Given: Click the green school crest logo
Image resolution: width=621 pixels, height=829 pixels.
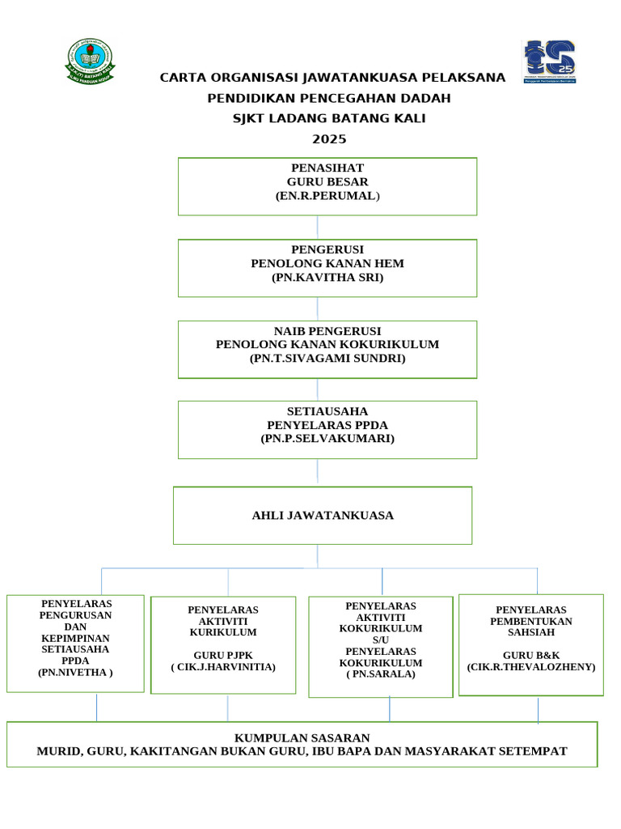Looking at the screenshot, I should pyautogui.click(x=90, y=62).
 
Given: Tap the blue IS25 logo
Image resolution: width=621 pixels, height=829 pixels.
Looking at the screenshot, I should pyautogui.click(x=550, y=62).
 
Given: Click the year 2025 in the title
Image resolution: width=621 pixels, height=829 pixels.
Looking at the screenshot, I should pyautogui.click(x=328, y=139).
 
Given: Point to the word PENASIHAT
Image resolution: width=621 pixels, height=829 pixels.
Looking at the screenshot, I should pyautogui.click(x=327, y=168).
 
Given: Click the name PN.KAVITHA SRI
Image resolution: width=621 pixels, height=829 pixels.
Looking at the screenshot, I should pyautogui.click(x=327, y=278).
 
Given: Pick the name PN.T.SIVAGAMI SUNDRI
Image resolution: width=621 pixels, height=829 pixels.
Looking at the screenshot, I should pyautogui.click(x=327, y=358).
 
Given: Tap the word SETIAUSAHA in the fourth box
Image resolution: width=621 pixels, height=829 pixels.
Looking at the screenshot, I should pyautogui.click(x=327, y=411).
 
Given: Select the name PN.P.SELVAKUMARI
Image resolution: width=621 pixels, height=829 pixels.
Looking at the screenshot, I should pyautogui.click(x=327, y=439).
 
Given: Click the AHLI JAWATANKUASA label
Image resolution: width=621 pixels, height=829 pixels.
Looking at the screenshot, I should pyautogui.click(x=323, y=516).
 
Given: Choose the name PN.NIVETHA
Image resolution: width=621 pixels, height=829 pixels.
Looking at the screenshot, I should pyautogui.click(x=75, y=672).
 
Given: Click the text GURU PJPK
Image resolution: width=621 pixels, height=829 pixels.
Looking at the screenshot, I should pyautogui.click(x=223, y=654).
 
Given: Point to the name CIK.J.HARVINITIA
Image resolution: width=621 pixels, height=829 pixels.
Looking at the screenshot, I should pyautogui.click(x=223, y=667).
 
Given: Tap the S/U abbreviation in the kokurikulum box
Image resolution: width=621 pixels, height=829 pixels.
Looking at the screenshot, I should pyautogui.click(x=380, y=640).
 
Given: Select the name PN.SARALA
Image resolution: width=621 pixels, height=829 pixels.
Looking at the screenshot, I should pyautogui.click(x=380, y=674).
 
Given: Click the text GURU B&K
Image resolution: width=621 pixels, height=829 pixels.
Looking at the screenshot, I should pyautogui.click(x=531, y=654).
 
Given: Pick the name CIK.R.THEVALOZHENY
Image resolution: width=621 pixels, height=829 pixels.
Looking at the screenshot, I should pyautogui.click(x=531, y=667).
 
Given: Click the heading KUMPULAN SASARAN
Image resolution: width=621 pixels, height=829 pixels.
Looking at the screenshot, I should pyautogui.click(x=302, y=738).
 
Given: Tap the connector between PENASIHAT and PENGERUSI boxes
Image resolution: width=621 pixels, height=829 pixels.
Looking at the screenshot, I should pyautogui.click(x=317, y=227).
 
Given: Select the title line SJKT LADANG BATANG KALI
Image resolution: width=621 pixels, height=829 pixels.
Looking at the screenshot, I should pyautogui.click(x=328, y=119).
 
